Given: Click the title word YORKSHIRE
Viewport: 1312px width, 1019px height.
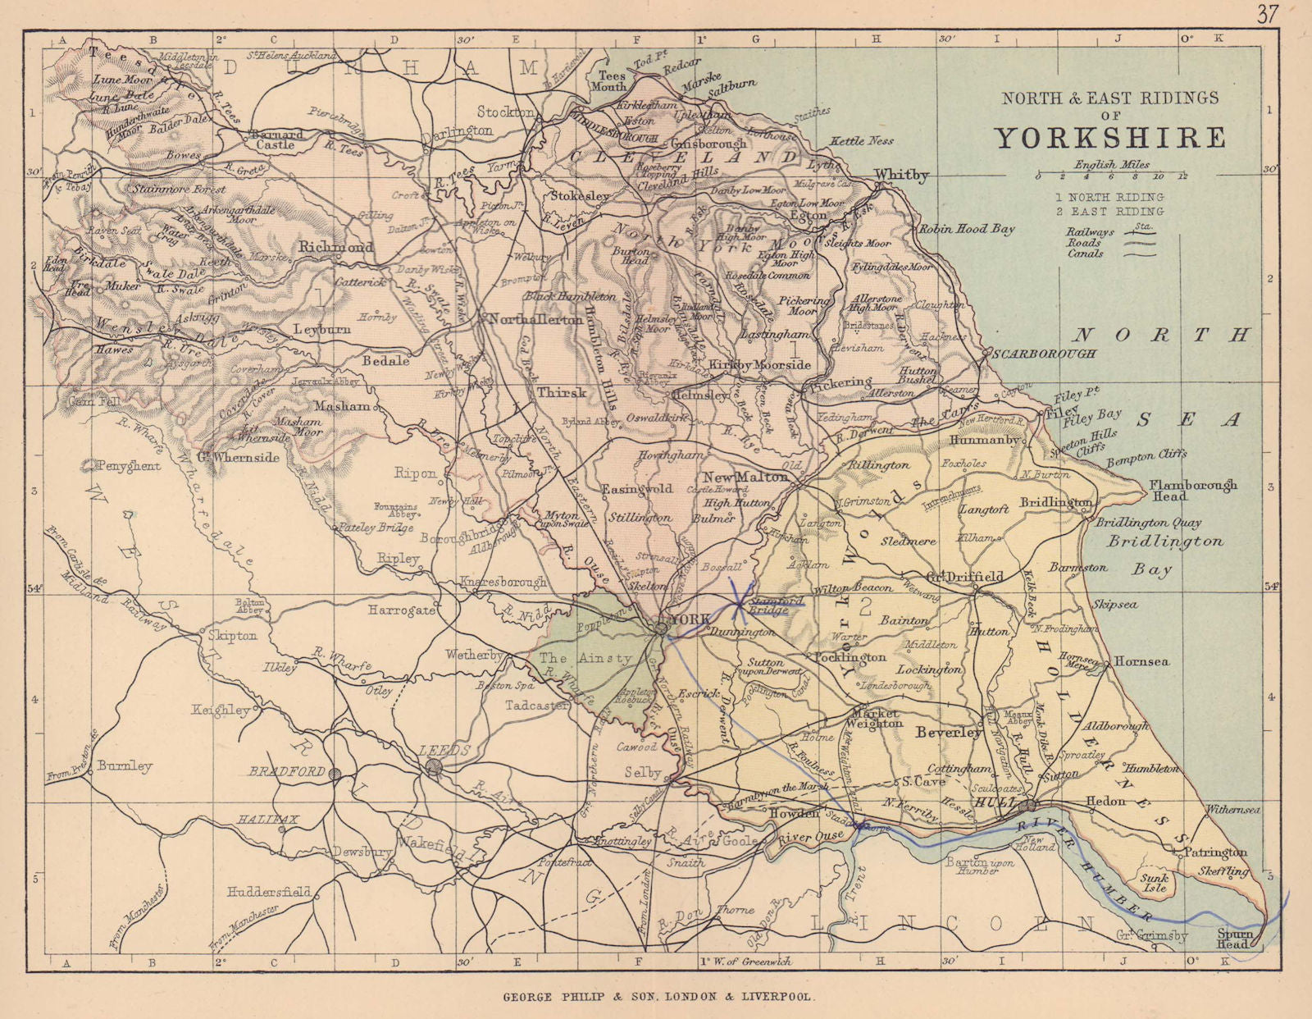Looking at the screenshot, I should [x=1110, y=137].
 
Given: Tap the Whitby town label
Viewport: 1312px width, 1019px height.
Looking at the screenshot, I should [x=901, y=175].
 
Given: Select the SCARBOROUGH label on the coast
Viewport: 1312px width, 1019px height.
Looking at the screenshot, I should [x=1044, y=354].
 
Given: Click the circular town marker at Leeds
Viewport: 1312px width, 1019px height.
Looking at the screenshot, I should [x=434, y=766].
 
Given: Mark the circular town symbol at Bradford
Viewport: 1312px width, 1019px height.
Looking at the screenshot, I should [x=334, y=773].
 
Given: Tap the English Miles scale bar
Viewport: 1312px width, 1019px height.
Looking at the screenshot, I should [x=1112, y=176].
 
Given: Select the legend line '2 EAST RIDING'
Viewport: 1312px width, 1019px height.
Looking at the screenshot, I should [x=1109, y=212].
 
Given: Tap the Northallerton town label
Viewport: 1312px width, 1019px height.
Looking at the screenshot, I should [x=535, y=320].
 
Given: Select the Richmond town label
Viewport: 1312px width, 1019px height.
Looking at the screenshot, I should [x=335, y=246].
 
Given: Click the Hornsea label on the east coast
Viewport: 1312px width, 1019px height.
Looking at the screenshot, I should [x=1141, y=661].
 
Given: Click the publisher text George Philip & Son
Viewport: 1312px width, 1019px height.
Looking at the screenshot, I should [x=656, y=997].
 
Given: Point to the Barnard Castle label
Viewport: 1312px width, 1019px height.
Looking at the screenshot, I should [x=277, y=139].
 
